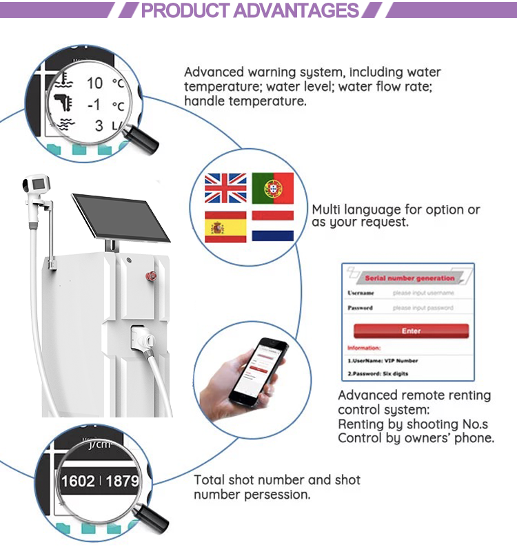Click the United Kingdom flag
[225, 187]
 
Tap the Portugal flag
[272, 187]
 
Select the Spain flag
[225, 227]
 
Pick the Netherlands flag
[272, 227]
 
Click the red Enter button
[411, 331]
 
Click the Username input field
[423, 293]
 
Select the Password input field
[423, 308]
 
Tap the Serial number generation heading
[409, 278]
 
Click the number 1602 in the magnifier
[78, 480]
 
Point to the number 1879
[123, 480]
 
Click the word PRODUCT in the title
[185, 11]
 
